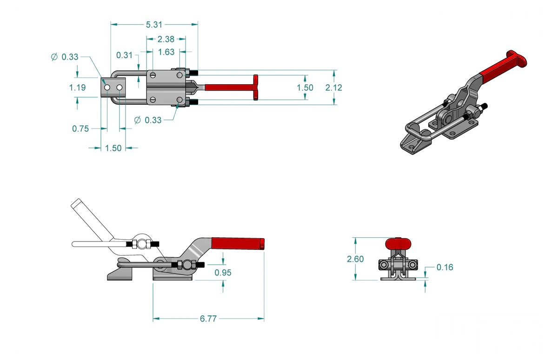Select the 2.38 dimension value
[166, 40]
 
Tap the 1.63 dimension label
[166, 52]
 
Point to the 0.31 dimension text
[124, 55]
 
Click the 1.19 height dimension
[78, 87]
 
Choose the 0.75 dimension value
[80, 129]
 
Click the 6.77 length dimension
[208, 319]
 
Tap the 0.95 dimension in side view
[223, 272]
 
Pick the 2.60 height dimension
[356, 259]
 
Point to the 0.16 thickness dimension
[445, 267]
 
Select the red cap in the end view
[399, 243]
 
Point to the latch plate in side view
[120, 274]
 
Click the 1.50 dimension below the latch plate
[113, 148]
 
